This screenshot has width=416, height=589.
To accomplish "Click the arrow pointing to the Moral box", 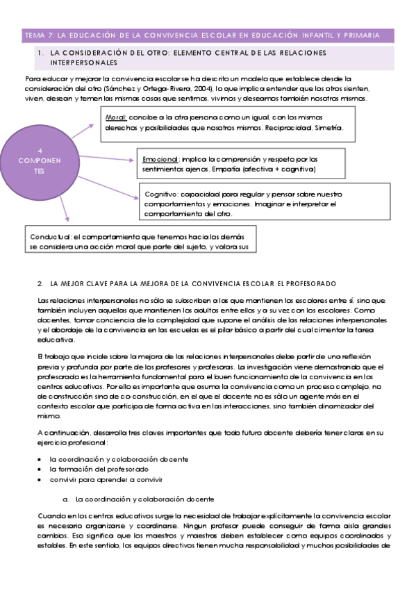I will coord(83,128).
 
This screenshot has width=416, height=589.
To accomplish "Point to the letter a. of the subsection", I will coord(65,499).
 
